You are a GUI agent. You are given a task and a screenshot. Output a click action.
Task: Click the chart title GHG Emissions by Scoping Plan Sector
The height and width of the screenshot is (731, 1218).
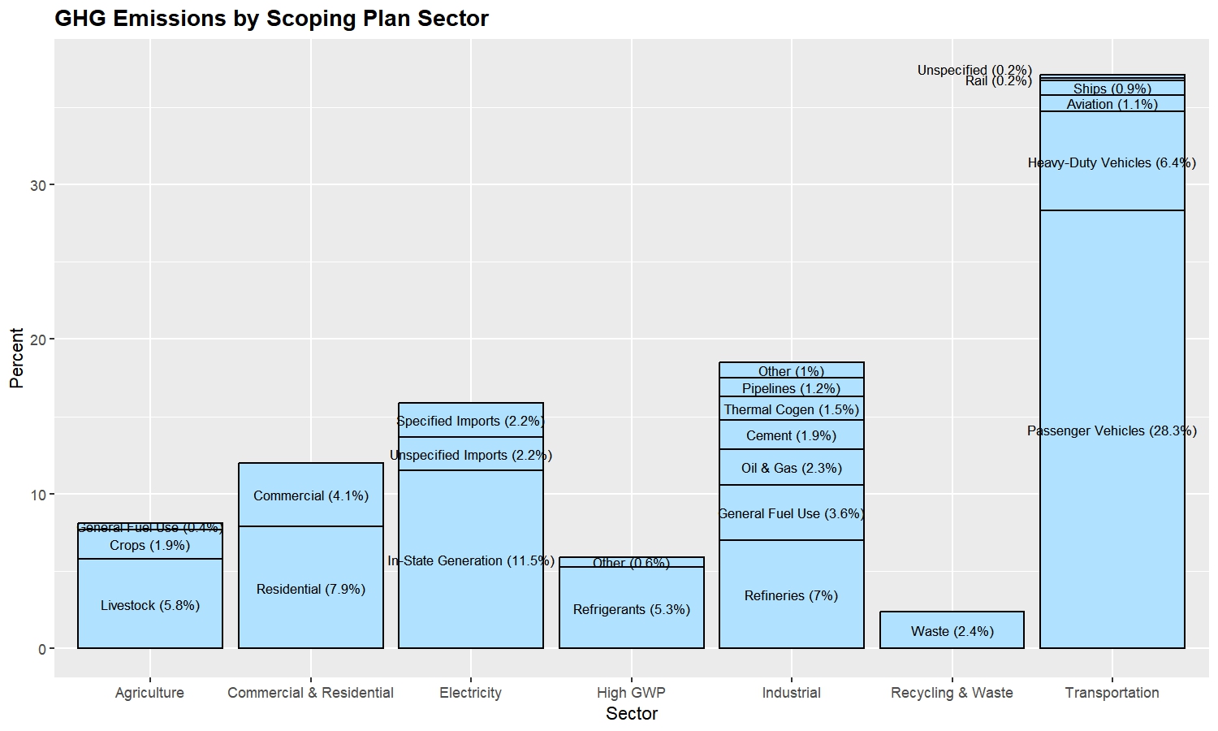[x=271, y=19]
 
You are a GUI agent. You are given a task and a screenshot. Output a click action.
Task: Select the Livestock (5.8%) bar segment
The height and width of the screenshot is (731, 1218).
[x=150, y=604]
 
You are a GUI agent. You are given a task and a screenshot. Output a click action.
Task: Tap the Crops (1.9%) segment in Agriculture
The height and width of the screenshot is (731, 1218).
[x=150, y=545]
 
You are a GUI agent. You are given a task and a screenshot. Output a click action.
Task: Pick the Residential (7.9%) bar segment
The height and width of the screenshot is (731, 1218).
[x=310, y=588]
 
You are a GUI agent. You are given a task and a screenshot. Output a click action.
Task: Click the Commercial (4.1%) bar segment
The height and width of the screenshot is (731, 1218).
[x=310, y=495]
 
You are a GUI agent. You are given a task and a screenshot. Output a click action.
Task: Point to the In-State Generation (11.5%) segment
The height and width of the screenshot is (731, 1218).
[x=471, y=560]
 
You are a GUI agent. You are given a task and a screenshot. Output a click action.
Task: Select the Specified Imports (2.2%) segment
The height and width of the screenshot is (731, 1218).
[x=471, y=421]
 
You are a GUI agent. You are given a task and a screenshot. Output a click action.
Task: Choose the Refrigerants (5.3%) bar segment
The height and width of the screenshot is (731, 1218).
[x=631, y=608]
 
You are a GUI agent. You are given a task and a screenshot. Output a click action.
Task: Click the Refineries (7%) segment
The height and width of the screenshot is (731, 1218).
[x=791, y=595]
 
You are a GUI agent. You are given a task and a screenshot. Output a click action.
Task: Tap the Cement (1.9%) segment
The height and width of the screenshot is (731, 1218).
[x=791, y=435]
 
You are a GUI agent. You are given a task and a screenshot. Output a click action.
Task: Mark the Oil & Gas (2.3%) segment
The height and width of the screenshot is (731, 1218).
[x=791, y=467]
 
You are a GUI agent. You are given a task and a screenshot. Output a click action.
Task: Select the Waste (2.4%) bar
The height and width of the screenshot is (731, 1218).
[x=952, y=630]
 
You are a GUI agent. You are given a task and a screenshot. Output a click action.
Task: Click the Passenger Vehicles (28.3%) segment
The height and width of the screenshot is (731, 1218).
[x=1112, y=430]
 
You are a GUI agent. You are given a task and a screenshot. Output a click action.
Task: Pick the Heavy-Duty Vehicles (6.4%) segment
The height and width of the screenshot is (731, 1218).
[x=1112, y=162]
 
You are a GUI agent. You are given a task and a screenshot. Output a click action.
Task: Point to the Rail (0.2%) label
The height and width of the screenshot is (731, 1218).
[x=998, y=81]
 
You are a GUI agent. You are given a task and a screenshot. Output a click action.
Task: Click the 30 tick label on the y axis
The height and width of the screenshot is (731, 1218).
[x=38, y=185]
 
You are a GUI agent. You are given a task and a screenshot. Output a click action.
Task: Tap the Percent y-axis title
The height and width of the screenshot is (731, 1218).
[x=16, y=358]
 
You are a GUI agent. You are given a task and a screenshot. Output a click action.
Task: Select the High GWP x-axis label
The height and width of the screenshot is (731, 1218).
[x=631, y=693]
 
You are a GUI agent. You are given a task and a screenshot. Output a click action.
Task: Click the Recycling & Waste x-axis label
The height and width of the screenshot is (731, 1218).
[x=952, y=693]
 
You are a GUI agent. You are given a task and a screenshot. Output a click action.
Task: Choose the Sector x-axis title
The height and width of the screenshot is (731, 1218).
[x=631, y=714]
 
